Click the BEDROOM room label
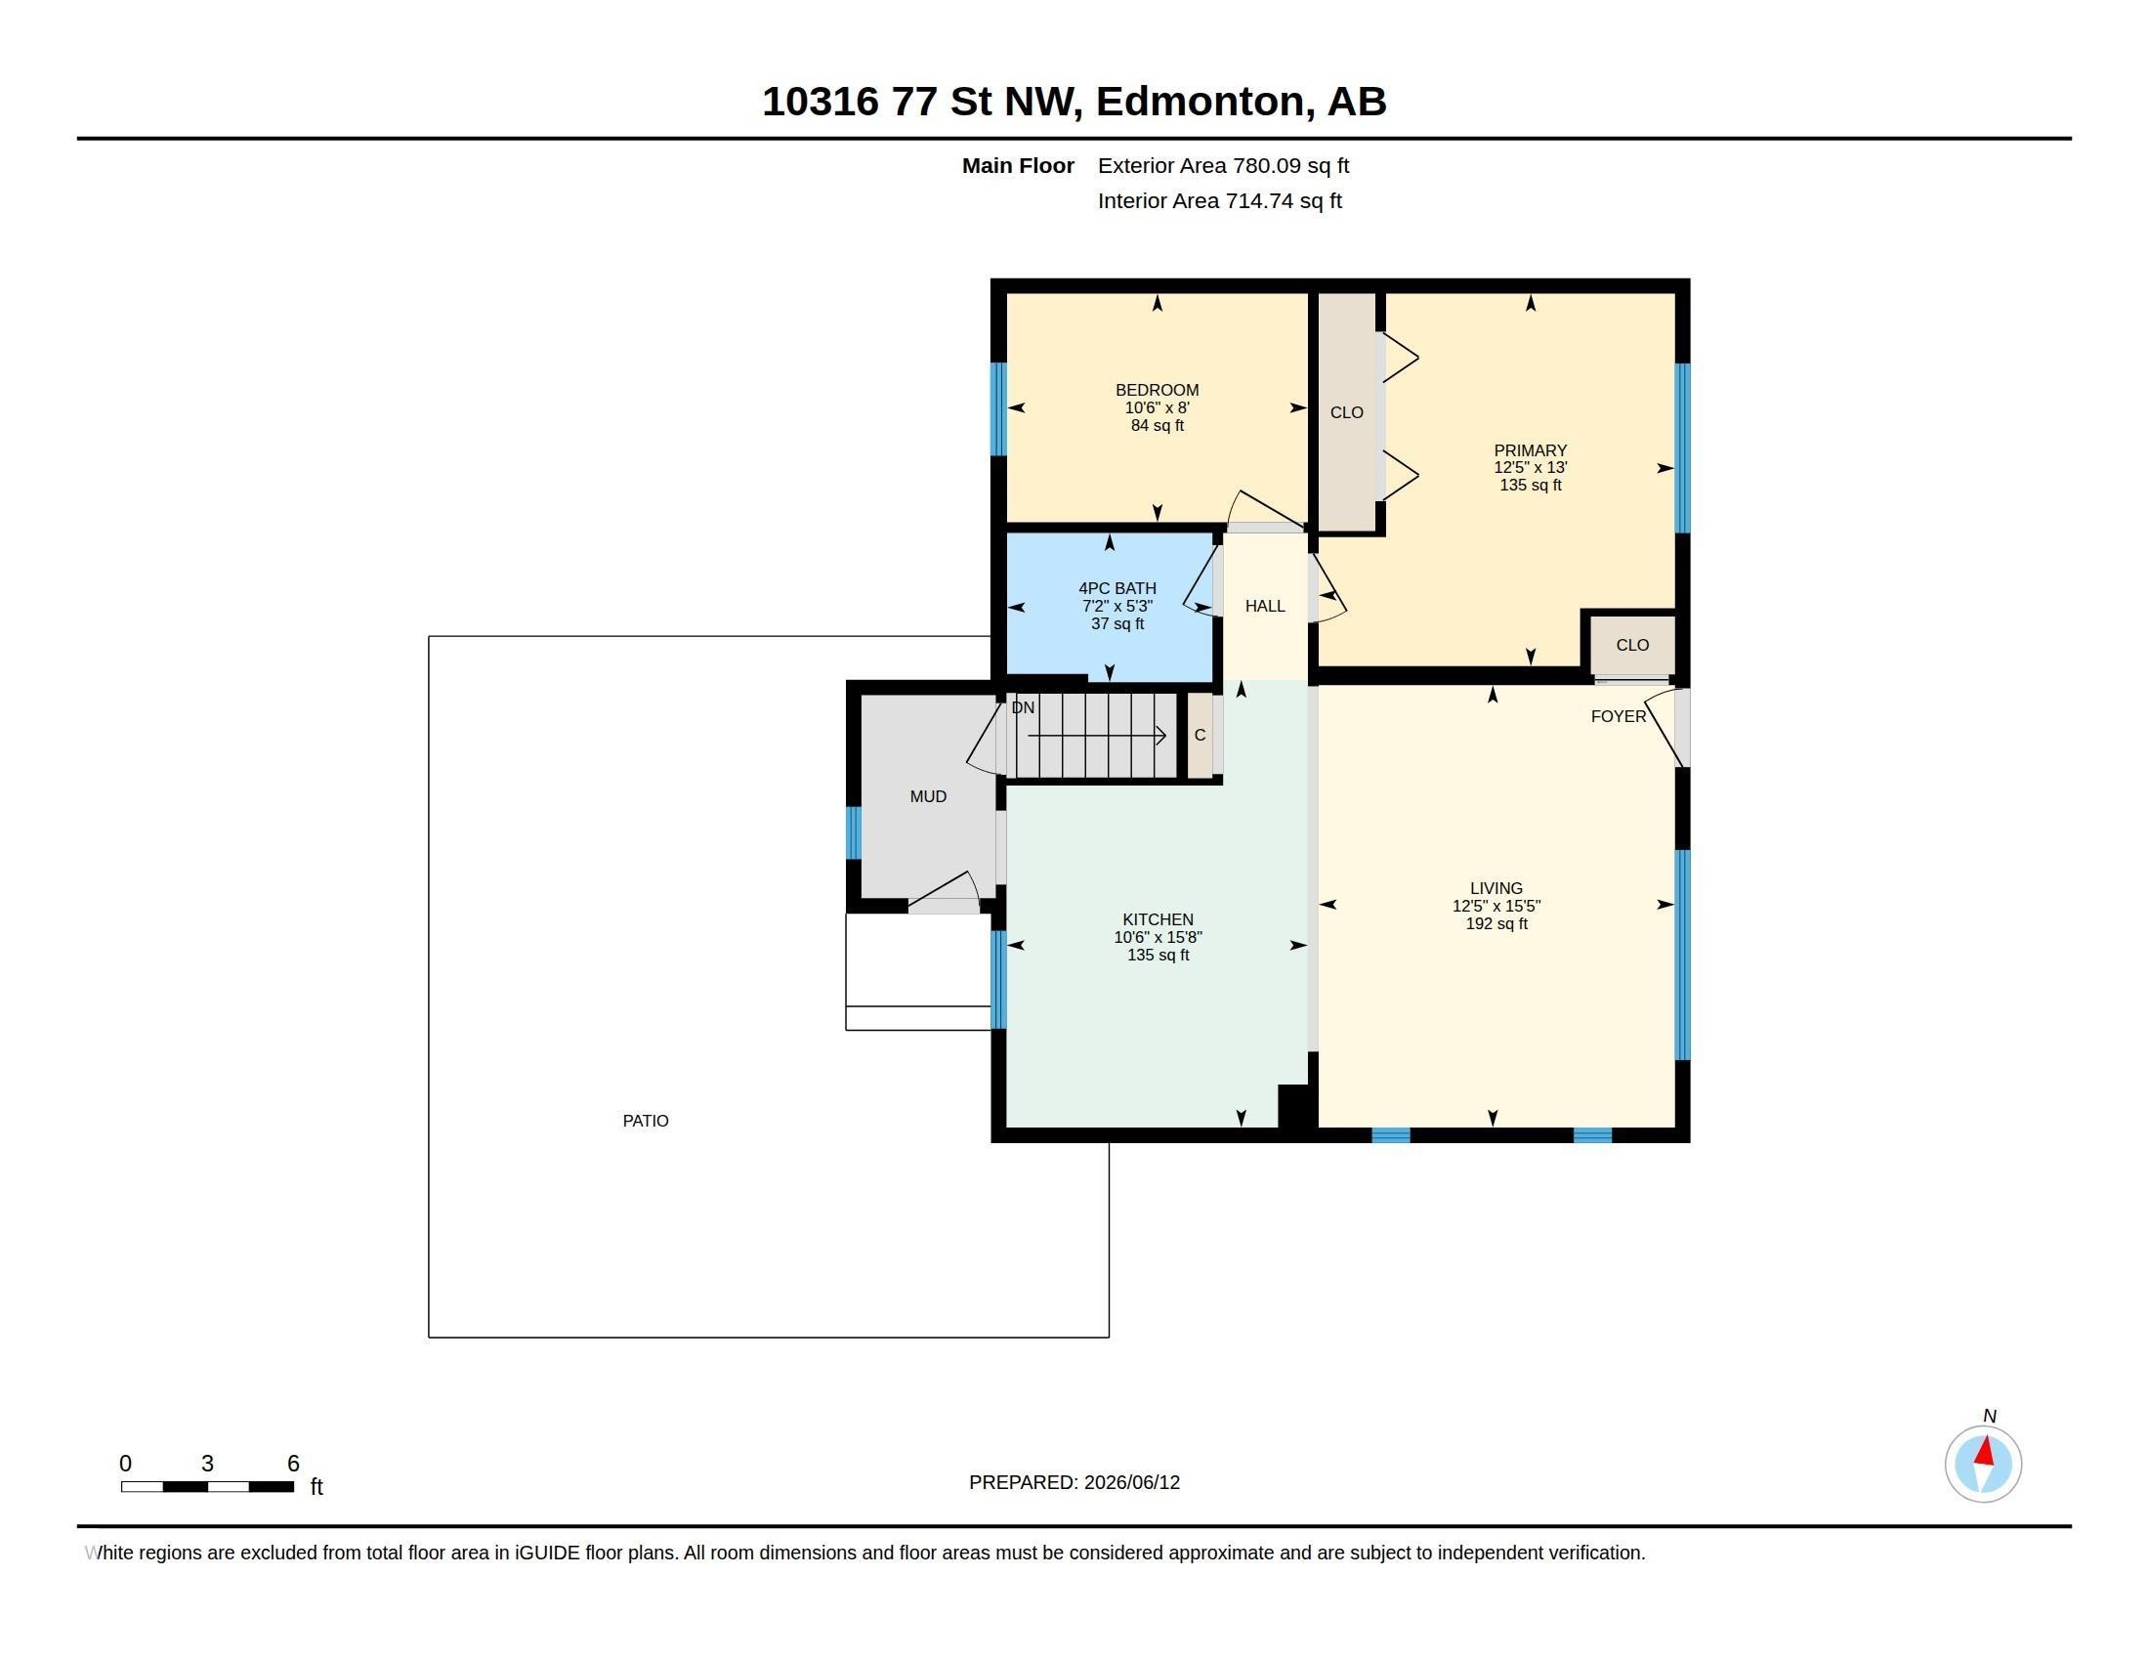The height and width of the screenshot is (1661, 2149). point(1157,391)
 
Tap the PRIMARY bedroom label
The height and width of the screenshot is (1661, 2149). point(1530,450)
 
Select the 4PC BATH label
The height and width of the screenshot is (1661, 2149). point(1117,588)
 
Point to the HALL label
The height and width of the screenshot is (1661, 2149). point(1264,606)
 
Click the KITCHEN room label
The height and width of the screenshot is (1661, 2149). point(1158,920)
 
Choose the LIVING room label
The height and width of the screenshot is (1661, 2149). point(1496,888)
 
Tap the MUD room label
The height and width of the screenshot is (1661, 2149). point(928,797)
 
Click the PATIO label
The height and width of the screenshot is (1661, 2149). point(646,1121)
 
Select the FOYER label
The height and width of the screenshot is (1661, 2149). point(1618,716)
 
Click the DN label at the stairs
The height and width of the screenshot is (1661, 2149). point(1023,707)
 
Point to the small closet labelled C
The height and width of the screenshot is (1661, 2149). point(1200,735)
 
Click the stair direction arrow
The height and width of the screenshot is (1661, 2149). point(1097,735)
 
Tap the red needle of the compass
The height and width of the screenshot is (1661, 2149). point(1985,1450)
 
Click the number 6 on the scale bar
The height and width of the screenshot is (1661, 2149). point(293,1464)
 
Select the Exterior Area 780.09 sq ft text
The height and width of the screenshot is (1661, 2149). point(1223,166)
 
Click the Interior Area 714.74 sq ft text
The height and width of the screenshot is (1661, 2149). point(1219,200)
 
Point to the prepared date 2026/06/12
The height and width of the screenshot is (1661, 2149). point(1131,1482)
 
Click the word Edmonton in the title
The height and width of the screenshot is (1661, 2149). point(1205,102)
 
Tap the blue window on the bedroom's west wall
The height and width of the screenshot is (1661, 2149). point(998,409)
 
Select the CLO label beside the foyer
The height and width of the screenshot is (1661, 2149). point(1632,646)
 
